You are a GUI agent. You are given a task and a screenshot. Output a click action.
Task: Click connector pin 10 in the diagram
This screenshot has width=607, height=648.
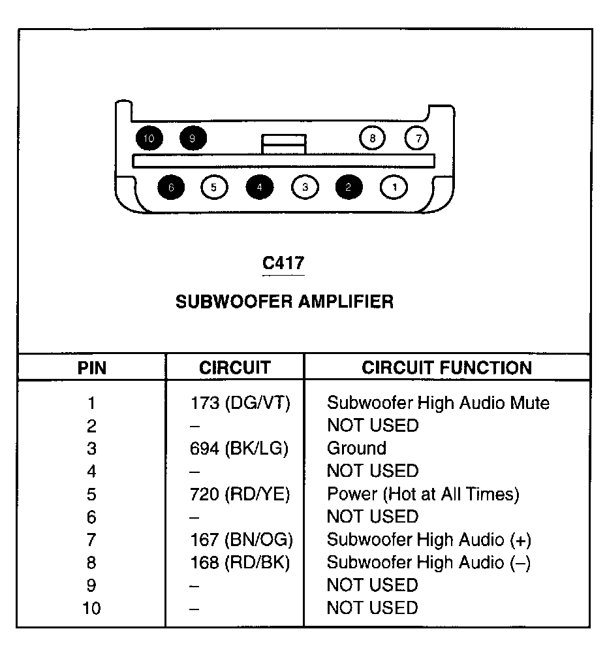click(x=149, y=138)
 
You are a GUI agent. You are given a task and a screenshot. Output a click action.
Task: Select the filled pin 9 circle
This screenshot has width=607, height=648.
click(x=193, y=138)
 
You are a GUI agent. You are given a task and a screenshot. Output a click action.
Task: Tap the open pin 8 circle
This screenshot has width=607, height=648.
click(x=372, y=138)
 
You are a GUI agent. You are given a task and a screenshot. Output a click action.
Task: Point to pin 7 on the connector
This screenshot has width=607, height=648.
click(x=418, y=138)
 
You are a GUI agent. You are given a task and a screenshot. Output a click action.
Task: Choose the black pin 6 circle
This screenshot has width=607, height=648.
click(x=171, y=187)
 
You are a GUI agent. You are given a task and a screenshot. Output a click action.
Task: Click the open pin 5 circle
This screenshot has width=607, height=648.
click(x=214, y=187)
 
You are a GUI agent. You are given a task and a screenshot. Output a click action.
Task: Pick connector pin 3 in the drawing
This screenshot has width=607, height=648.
click(x=304, y=187)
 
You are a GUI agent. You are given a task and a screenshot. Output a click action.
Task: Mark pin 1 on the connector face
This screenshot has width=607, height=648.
click(x=394, y=187)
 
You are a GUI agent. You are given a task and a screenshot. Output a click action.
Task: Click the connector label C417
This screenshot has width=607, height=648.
click(x=283, y=263)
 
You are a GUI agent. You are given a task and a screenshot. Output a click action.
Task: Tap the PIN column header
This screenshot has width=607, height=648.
click(x=92, y=368)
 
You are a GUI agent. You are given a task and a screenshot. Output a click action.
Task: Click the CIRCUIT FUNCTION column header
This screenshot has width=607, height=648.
click(x=447, y=368)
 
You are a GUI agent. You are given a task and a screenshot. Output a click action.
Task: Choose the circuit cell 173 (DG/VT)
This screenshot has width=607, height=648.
click(x=240, y=402)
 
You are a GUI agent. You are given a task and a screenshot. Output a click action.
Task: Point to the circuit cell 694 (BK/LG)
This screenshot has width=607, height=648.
click(x=240, y=448)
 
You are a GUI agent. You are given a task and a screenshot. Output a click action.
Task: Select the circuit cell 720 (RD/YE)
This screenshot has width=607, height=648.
click(x=240, y=494)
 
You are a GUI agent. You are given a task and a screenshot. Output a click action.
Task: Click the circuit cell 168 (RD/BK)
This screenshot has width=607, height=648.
click(x=240, y=562)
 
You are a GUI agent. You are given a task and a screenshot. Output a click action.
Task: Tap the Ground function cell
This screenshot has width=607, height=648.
click(x=356, y=448)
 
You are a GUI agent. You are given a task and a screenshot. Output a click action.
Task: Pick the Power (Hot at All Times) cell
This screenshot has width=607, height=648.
click(x=423, y=494)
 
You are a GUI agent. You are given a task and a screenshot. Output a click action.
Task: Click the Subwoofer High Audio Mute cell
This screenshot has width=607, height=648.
click(x=438, y=402)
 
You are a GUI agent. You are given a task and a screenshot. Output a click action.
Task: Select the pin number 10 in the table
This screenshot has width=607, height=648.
click(x=92, y=608)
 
